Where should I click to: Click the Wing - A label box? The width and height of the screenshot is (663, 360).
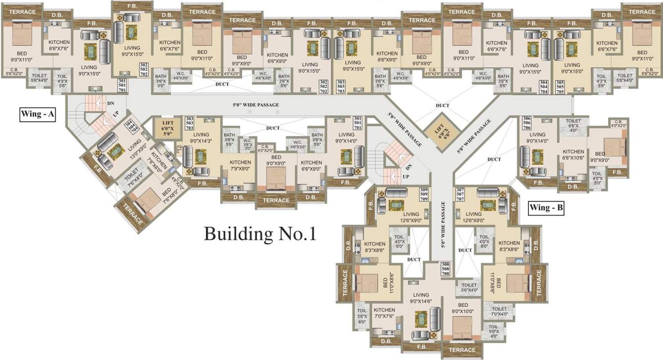tap(38, 114)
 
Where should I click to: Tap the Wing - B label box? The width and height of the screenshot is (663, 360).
tap(546, 208)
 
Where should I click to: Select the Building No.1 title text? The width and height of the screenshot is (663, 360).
tap(260, 233)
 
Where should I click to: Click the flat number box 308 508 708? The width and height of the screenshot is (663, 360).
tap(445, 269)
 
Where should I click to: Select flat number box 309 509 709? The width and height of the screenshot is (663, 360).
tap(423, 195)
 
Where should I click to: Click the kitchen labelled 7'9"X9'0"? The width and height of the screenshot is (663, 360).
tap(240, 165)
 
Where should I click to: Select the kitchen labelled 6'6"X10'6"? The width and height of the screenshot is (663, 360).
tap(573, 154)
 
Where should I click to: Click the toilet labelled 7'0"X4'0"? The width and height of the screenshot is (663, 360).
tap(500, 311)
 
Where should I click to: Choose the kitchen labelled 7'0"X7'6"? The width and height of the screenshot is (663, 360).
tap(384, 313)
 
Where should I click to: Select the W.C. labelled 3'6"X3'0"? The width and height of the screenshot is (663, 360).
tap(247, 144)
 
